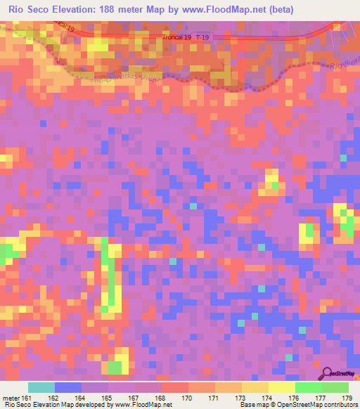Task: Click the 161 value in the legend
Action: [x=25, y=398]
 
